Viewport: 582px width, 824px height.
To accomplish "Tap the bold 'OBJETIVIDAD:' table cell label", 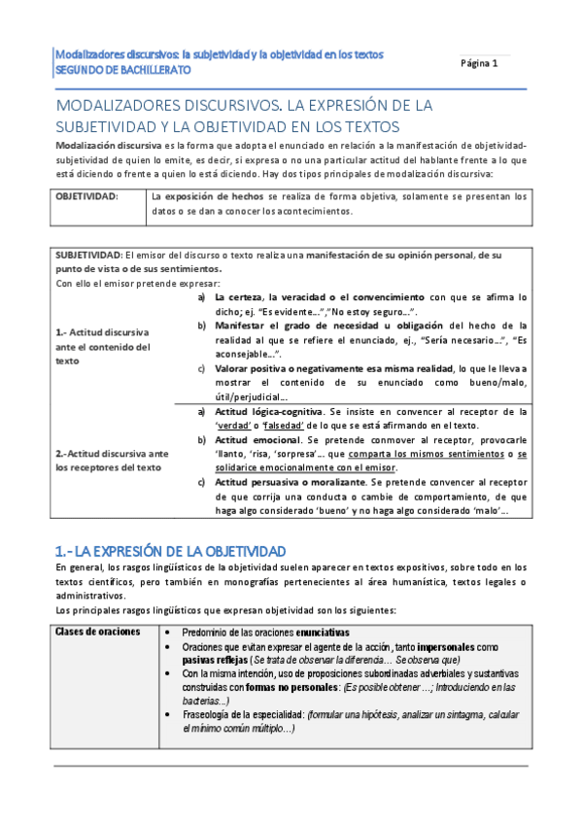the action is click(87, 196).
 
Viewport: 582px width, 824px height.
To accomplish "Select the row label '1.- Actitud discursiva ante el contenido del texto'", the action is click(103, 346).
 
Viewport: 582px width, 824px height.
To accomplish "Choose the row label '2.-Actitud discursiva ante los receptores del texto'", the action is click(113, 459).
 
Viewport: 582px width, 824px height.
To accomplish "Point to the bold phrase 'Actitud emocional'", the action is click(256, 440).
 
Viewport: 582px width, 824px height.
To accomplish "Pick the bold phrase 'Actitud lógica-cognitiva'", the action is click(271, 411).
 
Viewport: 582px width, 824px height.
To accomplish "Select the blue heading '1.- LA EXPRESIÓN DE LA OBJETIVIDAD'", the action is click(170, 551).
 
